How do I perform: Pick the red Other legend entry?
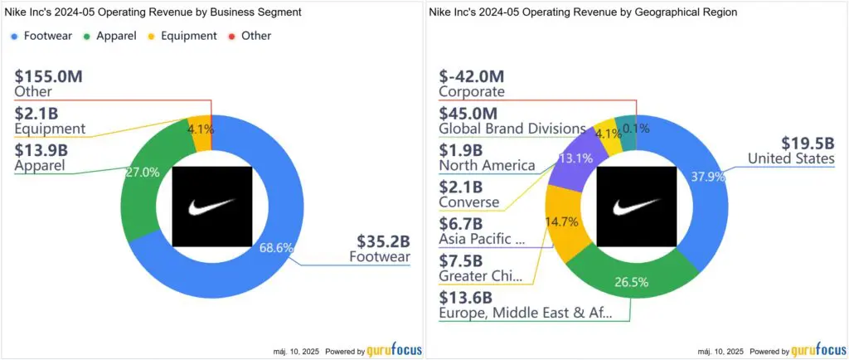pos(250,36)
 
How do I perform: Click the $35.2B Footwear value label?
pos(381,242)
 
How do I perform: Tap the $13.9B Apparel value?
pos(42,149)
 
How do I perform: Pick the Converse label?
pos(469,202)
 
